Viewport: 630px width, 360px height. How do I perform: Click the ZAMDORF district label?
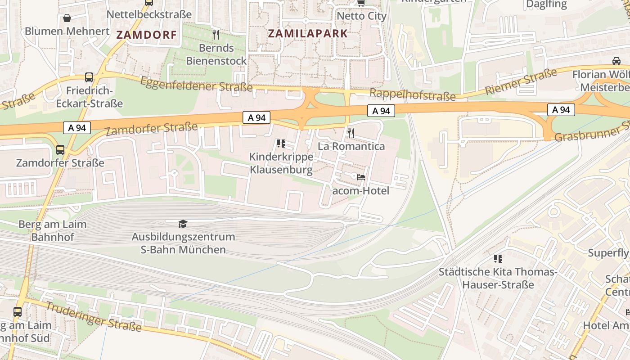(x=147, y=35)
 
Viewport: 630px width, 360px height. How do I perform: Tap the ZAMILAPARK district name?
(x=308, y=33)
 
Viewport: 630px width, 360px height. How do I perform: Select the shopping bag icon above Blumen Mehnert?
(x=67, y=18)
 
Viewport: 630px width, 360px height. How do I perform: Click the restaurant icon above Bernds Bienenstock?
(x=216, y=34)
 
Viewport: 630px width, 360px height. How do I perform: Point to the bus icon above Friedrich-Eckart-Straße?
(x=89, y=77)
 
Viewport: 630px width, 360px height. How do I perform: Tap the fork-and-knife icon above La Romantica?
(x=351, y=133)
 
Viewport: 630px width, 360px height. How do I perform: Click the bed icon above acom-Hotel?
(x=360, y=177)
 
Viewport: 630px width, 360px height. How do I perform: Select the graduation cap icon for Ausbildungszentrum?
(x=183, y=224)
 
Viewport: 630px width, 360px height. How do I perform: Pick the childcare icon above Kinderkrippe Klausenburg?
(x=281, y=144)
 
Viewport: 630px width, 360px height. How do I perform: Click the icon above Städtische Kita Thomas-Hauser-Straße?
(x=498, y=259)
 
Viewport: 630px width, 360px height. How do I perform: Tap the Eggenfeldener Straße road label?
(x=196, y=84)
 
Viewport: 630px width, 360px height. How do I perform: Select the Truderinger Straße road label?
(x=94, y=317)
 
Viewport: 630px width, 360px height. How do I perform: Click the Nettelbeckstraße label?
(x=149, y=14)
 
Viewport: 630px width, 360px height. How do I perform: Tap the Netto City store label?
(x=361, y=16)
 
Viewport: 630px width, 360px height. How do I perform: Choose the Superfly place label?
(x=608, y=253)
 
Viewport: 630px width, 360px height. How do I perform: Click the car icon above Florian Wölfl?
(x=616, y=61)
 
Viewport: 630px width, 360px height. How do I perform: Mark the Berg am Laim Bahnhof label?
(x=52, y=230)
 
